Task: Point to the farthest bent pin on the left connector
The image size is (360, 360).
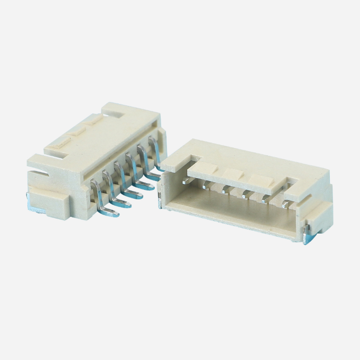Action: point(156,155)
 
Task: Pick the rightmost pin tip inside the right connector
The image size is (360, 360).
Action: point(284,205)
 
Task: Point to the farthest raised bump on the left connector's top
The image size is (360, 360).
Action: point(94,121)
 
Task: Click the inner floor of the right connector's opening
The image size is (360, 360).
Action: point(229,216)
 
